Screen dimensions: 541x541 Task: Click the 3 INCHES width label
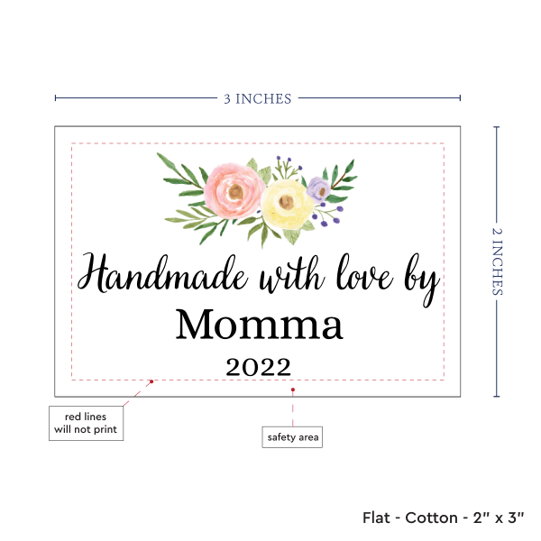click(x=257, y=98)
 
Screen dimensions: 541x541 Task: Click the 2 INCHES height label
click(x=499, y=261)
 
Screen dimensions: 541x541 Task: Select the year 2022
click(x=258, y=367)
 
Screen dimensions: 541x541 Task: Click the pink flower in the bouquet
click(x=234, y=188)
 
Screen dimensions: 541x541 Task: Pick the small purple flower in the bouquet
click(x=317, y=188)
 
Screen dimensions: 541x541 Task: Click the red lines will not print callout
click(x=85, y=423)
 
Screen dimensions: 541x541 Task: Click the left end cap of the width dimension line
click(x=55, y=98)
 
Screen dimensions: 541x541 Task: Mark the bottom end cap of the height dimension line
click(x=497, y=396)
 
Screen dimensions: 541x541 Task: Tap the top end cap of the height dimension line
click(x=497, y=127)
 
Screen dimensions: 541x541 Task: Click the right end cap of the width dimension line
click(x=460, y=98)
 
